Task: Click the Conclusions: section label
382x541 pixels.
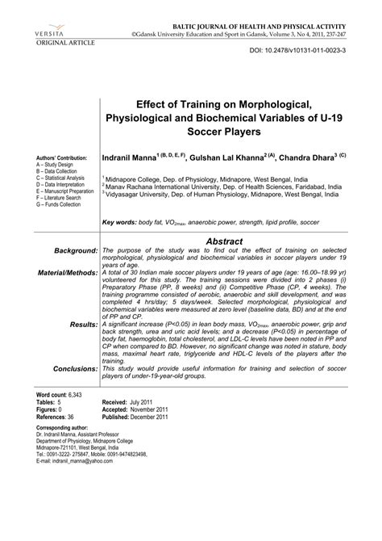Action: coord(68,368)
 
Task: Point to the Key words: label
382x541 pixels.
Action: coord(123,221)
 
